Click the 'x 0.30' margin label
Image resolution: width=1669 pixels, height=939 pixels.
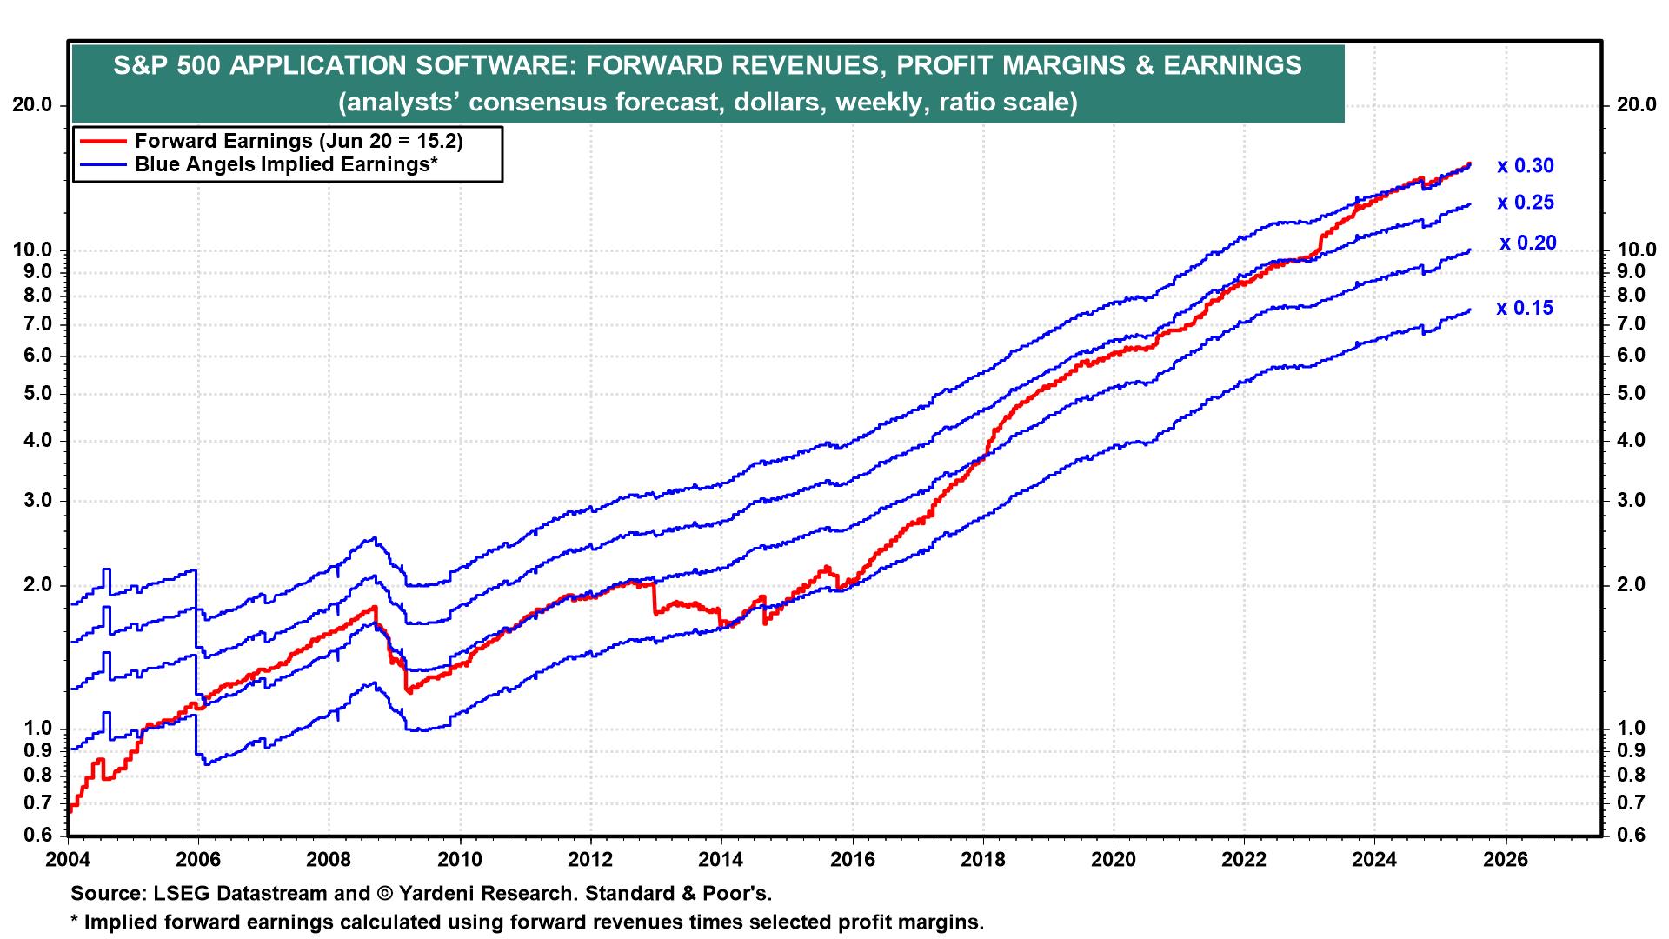pyautogui.click(x=1525, y=166)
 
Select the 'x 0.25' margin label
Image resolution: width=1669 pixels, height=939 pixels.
pyautogui.click(x=1525, y=203)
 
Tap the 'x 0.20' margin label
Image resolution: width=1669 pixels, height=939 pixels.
pyautogui.click(x=1527, y=243)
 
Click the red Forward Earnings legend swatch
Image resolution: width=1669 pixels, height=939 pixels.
pyautogui.click(x=103, y=141)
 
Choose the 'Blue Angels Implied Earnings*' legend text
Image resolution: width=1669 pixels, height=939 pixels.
pyautogui.click(x=285, y=164)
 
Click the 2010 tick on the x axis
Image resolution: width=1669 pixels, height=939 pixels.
pyautogui.click(x=459, y=858)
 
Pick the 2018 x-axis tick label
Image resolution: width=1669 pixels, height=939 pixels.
pyautogui.click(x=982, y=858)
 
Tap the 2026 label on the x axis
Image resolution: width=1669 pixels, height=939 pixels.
pyautogui.click(x=1505, y=858)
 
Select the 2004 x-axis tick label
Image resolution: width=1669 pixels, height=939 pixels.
pyautogui.click(x=68, y=858)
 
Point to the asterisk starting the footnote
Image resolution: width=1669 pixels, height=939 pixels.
pyautogui.click(x=75, y=921)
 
